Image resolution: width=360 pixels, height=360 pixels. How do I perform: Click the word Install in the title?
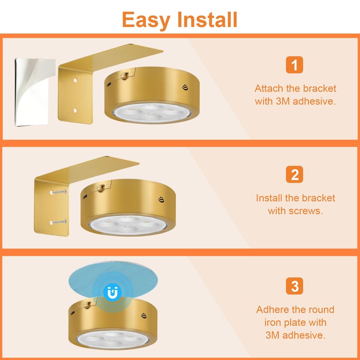[207, 19]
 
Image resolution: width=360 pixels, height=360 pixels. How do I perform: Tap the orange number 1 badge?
[294, 65]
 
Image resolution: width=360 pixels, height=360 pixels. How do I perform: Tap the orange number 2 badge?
[294, 175]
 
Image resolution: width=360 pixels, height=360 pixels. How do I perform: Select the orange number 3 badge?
[294, 286]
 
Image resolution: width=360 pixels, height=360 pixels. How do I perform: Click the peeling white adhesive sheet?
[34, 92]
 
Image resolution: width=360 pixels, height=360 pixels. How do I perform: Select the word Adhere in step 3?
[274, 310]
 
